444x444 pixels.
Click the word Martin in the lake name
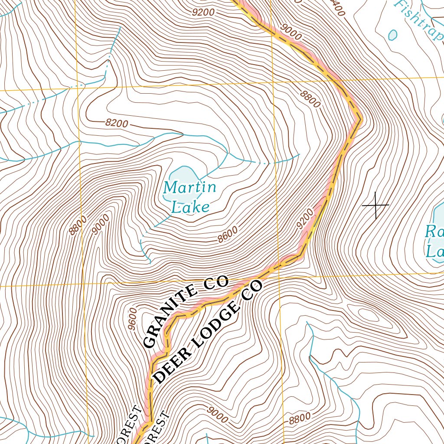189,188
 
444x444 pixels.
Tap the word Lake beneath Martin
190,207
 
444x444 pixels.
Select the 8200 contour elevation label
117,124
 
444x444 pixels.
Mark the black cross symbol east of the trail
375,205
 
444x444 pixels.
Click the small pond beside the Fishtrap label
393,35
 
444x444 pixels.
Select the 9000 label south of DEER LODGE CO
217,415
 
